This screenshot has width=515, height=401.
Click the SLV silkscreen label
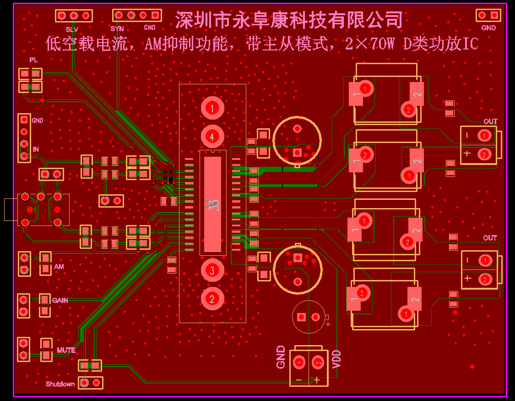tap(72, 29)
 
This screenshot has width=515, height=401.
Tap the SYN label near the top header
tap(117, 29)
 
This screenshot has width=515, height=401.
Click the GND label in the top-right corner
tap(488, 27)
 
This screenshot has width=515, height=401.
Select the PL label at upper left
tap(33, 60)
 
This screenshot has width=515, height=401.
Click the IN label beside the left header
tap(36, 149)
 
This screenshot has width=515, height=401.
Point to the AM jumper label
tap(59, 267)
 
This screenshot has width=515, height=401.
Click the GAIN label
tap(60, 301)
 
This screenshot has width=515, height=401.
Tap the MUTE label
tap(66, 350)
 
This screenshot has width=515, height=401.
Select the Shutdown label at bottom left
tap(60, 384)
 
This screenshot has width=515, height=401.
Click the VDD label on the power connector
tap(336, 359)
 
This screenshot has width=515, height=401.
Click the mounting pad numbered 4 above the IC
tap(212, 136)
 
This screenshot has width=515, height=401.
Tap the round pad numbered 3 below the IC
tap(212, 270)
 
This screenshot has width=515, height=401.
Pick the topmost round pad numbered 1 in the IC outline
tap(212, 108)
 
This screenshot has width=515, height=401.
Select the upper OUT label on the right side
tap(490, 121)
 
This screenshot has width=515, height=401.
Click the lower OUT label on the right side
tap(490, 238)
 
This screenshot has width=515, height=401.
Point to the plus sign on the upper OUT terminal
tap(466, 154)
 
